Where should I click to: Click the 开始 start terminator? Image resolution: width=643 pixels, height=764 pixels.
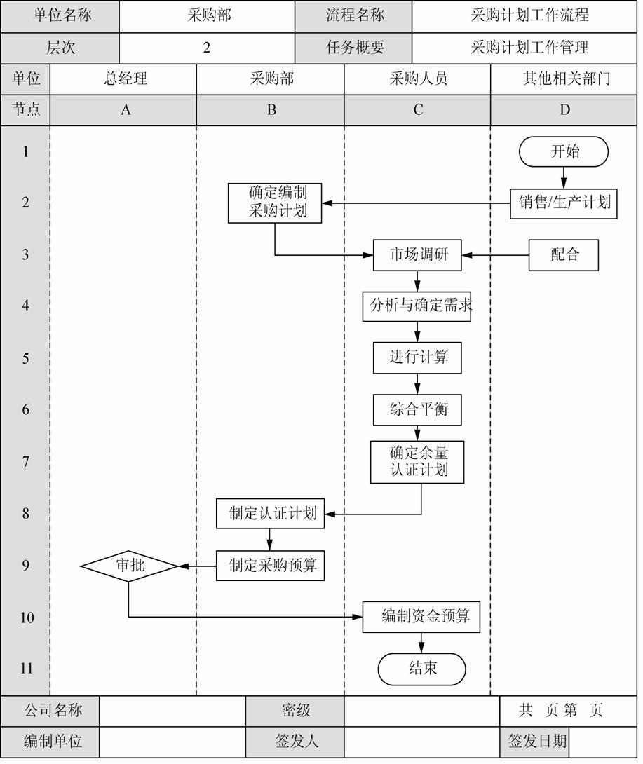click(564, 151)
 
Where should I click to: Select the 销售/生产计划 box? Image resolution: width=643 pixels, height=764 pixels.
click(564, 204)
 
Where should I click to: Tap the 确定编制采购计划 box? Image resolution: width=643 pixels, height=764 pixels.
click(275, 203)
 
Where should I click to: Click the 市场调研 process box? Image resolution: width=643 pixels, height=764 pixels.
click(417, 255)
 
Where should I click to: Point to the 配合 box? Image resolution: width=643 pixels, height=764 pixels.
click(564, 255)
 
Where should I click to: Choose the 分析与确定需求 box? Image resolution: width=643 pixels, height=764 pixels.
click(417, 306)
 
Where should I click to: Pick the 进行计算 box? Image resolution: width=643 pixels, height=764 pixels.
click(417, 358)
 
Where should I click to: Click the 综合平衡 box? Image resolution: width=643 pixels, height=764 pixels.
click(417, 410)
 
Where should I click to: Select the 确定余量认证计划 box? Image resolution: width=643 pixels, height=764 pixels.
click(417, 462)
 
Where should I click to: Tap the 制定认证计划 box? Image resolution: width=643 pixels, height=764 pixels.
click(271, 514)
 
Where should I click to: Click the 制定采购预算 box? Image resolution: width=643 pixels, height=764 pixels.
click(271, 566)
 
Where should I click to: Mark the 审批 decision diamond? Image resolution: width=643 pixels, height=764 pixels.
click(129, 566)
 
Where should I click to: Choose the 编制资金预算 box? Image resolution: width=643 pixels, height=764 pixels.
click(421, 618)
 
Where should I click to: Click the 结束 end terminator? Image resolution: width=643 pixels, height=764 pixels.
click(421, 669)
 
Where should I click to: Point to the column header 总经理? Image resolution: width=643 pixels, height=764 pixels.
click(126, 79)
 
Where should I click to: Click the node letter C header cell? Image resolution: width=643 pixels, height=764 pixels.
click(417, 110)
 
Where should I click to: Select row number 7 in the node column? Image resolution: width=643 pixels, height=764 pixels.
click(26, 461)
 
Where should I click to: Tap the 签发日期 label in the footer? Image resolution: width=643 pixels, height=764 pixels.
click(537, 741)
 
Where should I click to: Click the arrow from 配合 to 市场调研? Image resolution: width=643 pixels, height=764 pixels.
click(495, 255)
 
